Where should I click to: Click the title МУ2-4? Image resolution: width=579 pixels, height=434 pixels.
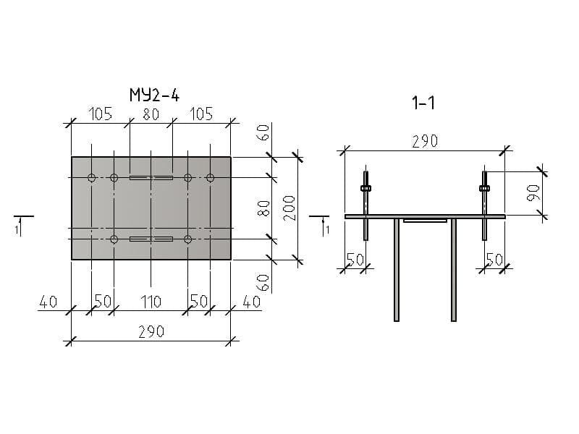(x=154, y=95)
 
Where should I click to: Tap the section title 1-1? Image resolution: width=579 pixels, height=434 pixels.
(x=423, y=103)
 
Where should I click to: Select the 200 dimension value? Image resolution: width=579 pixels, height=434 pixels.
(x=290, y=208)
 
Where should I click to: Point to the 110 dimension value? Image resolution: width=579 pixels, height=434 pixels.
(x=151, y=302)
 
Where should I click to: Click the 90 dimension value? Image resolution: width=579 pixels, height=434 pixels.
(x=533, y=193)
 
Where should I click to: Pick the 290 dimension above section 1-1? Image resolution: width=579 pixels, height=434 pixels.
(x=425, y=141)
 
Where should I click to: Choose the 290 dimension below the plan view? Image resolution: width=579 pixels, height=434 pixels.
(x=151, y=332)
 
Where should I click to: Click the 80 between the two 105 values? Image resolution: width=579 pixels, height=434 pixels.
(x=151, y=114)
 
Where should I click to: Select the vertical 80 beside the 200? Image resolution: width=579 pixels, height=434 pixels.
(x=264, y=208)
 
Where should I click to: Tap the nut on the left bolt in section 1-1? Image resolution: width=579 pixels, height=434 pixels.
(x=365, y=189)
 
